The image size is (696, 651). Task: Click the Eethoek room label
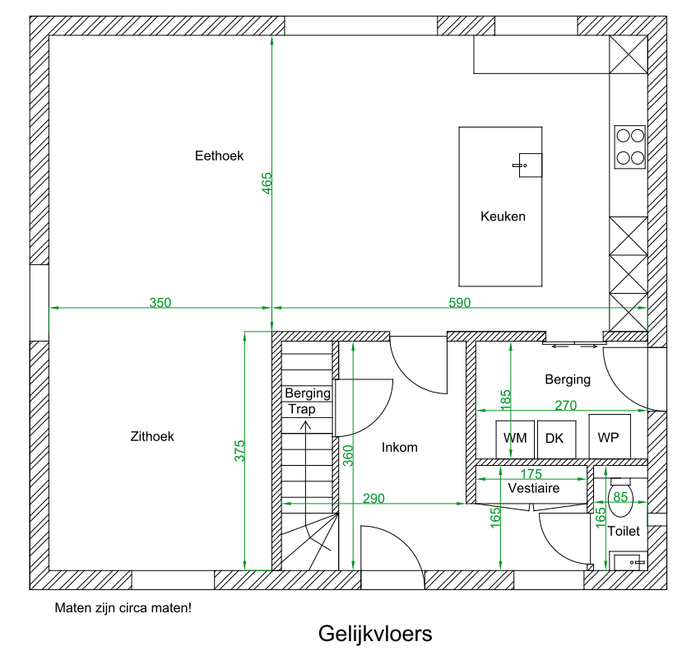219,156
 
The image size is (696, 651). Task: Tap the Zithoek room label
152,436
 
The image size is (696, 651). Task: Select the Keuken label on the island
503,217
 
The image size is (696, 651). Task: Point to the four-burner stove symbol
630,146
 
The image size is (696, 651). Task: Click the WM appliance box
515,439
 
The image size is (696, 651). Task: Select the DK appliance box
555,439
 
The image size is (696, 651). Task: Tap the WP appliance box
609,436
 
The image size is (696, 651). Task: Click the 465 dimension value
267,183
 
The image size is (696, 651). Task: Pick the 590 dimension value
460,303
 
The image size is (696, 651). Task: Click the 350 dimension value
160,303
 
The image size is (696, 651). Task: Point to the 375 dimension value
239,450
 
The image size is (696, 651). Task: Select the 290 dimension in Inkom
374,498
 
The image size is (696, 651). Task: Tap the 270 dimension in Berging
565,405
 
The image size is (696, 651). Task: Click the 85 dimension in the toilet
621,496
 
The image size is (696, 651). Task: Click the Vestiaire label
533,488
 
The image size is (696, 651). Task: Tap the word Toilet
624,532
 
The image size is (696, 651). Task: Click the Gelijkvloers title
374,634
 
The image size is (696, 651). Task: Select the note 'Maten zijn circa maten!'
123,609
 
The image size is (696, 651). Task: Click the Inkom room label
400,448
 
